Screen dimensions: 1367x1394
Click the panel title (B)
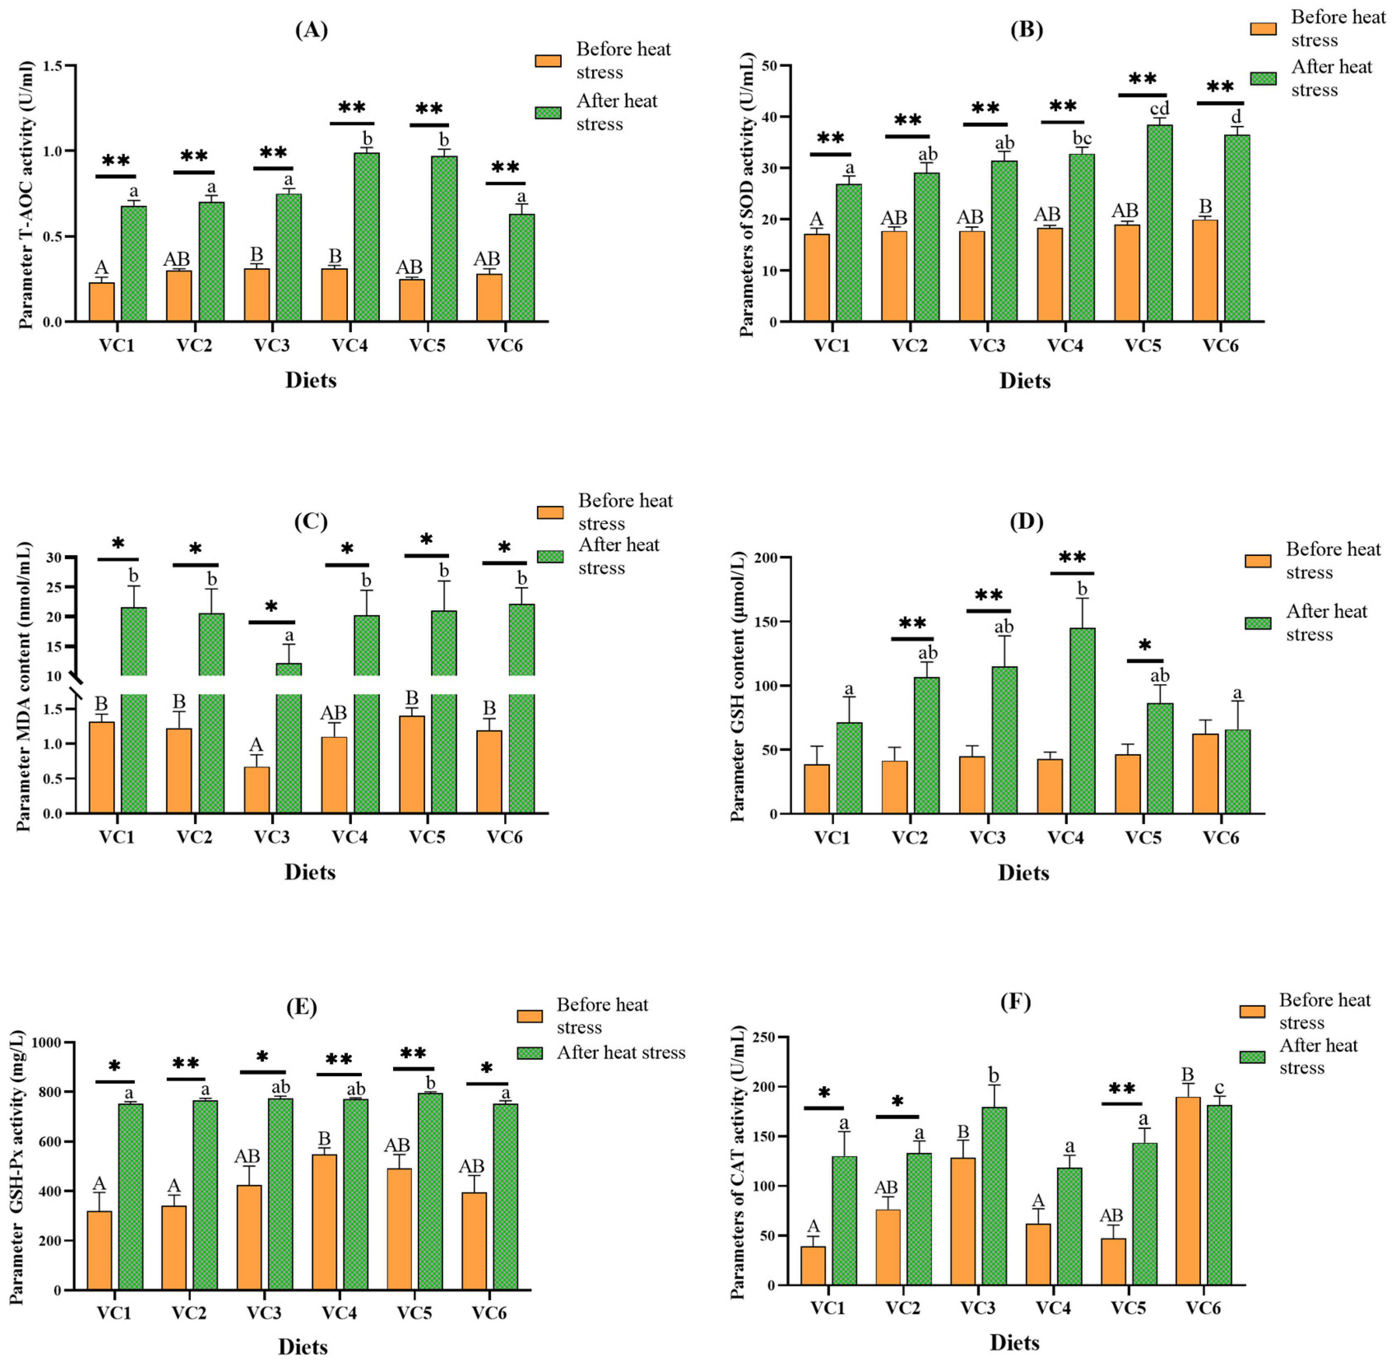[1026, 30]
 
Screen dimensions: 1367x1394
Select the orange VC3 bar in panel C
[257, 790]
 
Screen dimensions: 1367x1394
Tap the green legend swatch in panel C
[550, 556]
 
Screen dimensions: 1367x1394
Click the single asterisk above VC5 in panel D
[1144, 645]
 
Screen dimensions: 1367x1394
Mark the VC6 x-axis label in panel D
[1220, 838]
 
